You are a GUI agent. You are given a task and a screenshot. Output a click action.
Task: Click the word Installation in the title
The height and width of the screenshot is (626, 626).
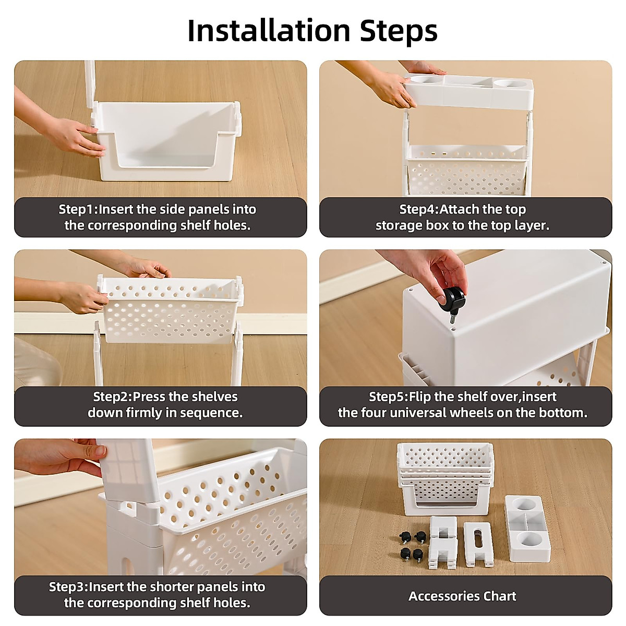[269, 31]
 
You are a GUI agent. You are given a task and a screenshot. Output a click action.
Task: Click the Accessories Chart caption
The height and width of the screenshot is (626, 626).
[462, 596]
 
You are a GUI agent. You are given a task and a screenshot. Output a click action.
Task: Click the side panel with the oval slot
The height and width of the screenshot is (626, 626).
[478, 540]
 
